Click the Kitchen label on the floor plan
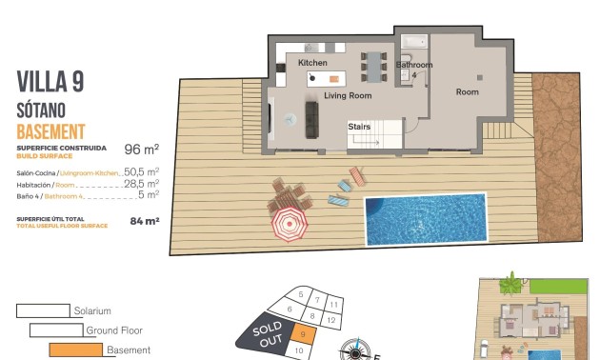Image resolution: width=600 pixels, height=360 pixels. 312,63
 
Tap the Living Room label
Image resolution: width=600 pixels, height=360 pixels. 347,96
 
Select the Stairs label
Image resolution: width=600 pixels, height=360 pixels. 359,126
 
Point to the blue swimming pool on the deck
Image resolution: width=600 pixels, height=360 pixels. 425,218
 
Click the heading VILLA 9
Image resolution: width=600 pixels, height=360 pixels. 50,83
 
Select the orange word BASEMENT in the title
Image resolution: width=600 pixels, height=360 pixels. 51,130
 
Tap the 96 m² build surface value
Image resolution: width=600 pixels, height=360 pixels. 141,150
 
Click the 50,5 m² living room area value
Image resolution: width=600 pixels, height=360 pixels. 141,172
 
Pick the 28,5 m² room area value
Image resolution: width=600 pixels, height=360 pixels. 141,184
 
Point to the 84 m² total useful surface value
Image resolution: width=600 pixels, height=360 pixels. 144,221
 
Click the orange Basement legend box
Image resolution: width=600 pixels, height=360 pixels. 75,350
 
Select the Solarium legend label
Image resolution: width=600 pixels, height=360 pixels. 92,310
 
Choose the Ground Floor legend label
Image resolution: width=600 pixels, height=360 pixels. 114,330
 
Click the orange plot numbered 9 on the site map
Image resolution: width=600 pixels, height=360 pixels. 302,333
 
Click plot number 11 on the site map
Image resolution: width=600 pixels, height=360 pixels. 334,304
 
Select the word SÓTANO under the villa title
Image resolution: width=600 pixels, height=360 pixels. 46,109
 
